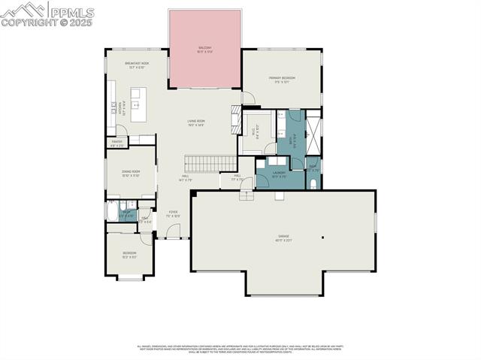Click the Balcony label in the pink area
coord(204,48)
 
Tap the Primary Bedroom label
coord(283,78)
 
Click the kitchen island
coord(138,104)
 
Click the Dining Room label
coord(131,173)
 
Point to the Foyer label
coord(173,213)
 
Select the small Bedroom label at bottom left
coord(129,254)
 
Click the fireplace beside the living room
coord(235,119)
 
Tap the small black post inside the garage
coord(322,238)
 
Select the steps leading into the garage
coord(247,195)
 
